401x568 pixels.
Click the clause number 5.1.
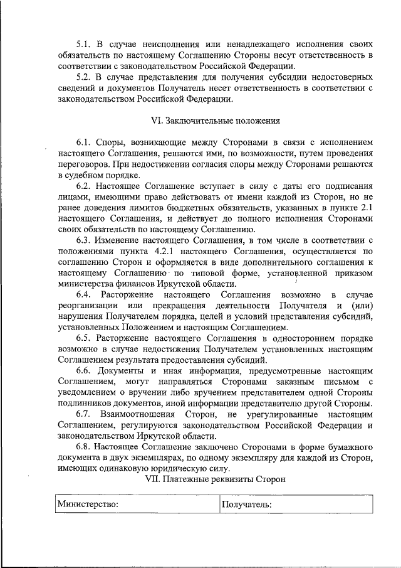tap(84, 45)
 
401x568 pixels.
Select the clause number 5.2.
tap(84, 77)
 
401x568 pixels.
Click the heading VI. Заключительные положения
tap(215, 120)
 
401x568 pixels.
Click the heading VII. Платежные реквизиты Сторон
tap(215, 479)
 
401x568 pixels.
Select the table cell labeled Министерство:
tap(135, 504)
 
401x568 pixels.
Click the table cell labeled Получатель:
tap(296, 504)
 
